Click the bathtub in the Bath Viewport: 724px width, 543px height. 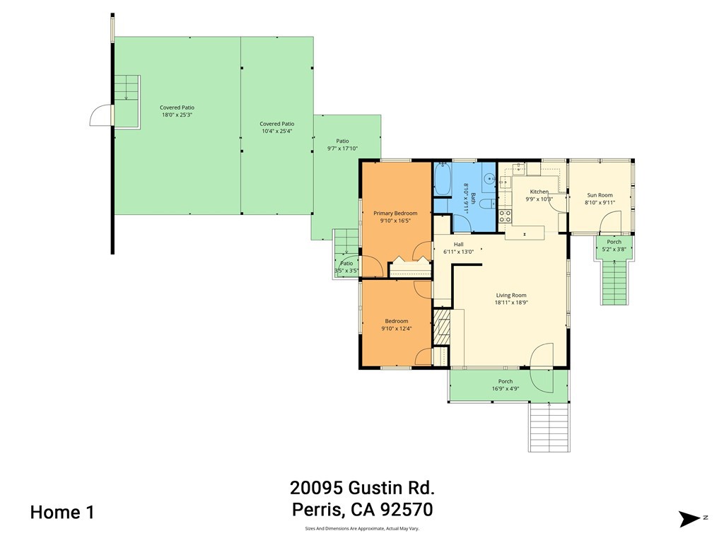click(442, 181)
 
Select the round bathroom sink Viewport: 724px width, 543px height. click(489, 180)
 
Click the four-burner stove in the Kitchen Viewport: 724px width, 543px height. click(506, 216)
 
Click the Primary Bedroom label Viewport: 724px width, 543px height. click(395, 213)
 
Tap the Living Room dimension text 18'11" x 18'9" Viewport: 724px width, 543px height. click(510, 303)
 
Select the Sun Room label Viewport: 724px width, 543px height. click(600, 195)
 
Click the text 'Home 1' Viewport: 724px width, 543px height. click(62, 513)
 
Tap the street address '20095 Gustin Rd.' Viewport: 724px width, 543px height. click(362, 488)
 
